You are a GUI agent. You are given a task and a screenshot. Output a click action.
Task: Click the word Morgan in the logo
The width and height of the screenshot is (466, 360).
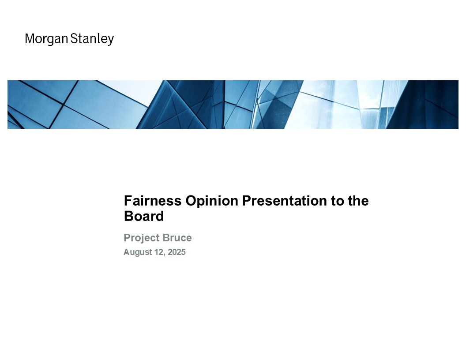[47, 39]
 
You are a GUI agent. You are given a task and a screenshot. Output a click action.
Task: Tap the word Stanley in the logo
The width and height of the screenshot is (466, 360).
[92, 39]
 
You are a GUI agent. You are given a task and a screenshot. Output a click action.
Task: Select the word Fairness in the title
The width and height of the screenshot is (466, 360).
[153, 201]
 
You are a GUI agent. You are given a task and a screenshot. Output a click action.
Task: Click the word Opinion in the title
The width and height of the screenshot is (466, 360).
[212, 201]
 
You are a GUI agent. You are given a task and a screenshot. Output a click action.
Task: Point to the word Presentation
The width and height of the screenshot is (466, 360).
[285, 201]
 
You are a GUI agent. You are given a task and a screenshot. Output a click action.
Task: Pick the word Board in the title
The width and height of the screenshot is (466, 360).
[144, 216]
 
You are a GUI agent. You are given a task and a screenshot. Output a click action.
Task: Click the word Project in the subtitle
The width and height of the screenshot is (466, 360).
[142, 238]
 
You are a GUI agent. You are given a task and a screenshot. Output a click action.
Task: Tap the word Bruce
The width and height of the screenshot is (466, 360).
[177, 238]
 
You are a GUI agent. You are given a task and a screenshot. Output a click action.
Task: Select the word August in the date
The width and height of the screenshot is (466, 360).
[138, 252]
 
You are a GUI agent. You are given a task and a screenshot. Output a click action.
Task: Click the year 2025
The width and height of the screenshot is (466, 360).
[177, 252]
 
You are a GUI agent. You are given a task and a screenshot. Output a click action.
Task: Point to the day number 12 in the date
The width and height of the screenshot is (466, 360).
[159, 252]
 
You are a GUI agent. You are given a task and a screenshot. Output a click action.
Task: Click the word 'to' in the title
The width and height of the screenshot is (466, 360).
[337, 201]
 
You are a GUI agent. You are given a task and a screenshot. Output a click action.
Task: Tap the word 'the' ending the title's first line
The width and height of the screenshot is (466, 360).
[358, 201]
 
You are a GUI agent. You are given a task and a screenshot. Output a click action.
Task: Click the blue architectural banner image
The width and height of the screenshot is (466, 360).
[233, 105]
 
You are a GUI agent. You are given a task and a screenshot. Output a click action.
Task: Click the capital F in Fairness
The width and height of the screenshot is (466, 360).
[128, 201]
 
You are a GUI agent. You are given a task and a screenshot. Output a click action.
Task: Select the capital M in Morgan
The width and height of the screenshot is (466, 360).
[30, 39]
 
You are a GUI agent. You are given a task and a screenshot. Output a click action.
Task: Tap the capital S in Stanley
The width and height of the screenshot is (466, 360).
[74, 39]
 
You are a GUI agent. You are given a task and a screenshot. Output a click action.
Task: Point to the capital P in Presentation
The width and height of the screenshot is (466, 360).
[247, 201]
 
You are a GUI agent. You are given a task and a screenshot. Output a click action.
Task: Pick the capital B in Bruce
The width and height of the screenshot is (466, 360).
[166, 238]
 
